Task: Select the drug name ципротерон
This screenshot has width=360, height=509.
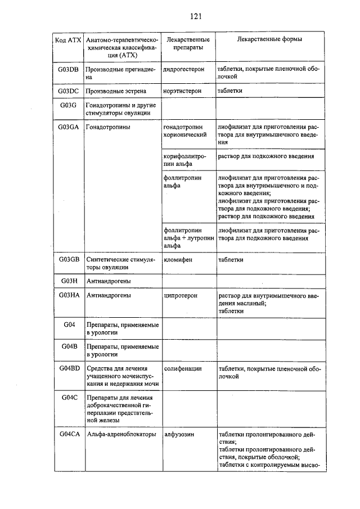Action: click(x=180, y=295)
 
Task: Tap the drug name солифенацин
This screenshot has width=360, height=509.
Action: click(x=183, y=368)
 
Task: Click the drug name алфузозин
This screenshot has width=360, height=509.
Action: click(x=179, y=434)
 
